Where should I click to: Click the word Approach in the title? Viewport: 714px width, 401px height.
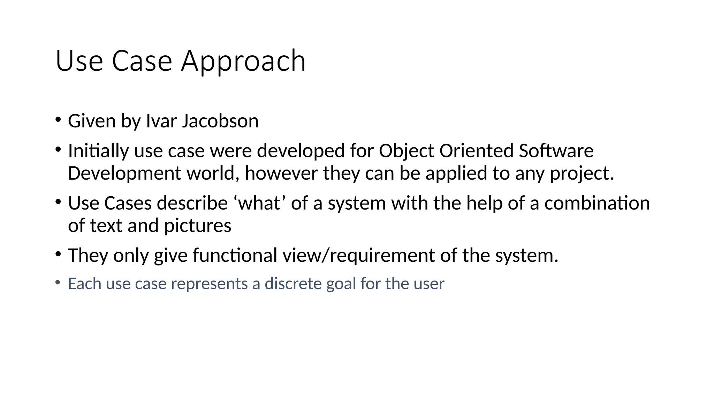tap(243, 61)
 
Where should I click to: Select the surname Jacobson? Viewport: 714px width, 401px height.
tap(220, 121)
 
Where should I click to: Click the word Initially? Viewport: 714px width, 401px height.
tap(98, 151)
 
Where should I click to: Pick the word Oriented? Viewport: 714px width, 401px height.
tap(476, 151)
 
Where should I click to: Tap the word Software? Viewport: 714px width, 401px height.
tap(556, 151)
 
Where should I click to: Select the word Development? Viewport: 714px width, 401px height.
tap(124, 173)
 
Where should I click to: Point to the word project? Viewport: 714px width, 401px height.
tap(582, 173)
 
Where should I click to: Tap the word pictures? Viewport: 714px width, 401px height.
tap(197, 226)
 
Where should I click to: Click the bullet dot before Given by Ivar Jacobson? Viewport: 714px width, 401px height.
tap(58, 120)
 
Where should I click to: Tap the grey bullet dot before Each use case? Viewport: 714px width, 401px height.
tap(58, 282)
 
